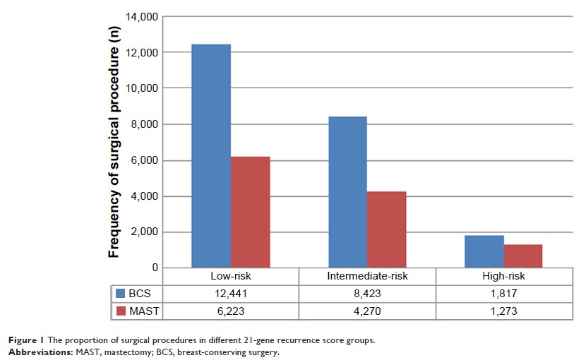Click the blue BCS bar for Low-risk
point(211,156)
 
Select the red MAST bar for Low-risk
point(250,212)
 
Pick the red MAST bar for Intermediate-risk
point(386,229)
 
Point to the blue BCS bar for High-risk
point(484,251)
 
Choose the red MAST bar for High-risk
point(522,256)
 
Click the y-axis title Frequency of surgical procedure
point(113,141)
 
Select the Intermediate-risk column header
point(367,277)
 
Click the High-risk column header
point(503,277)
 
